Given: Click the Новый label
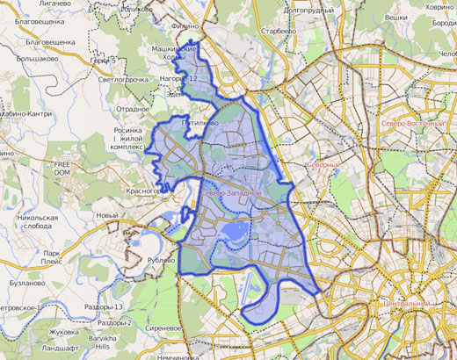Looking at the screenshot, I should coord(106,215).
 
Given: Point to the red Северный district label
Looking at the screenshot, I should coord(323,164).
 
